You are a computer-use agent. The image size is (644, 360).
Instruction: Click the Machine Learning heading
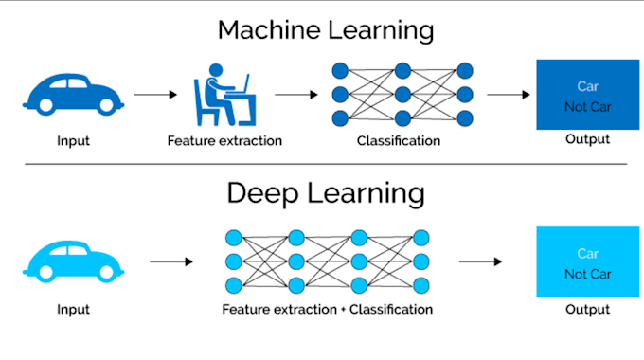pos(325,29)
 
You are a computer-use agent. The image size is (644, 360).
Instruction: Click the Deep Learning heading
pos(325,193)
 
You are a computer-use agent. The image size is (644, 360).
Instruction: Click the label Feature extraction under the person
pos(224,141)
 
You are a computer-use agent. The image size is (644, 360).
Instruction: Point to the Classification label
pos(399,141)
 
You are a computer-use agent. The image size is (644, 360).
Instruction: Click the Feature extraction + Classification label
pos(327,309)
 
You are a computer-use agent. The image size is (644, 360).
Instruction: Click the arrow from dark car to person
pos(155,95)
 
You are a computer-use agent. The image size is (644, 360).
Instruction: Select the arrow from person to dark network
pos(295,95)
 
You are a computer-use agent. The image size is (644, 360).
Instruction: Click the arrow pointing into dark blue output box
pos(507,95)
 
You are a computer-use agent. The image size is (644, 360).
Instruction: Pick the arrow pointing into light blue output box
pos(480,261)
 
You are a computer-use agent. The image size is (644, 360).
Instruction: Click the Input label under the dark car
pos(73,141)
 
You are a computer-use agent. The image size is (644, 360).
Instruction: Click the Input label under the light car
pos(73,309)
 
